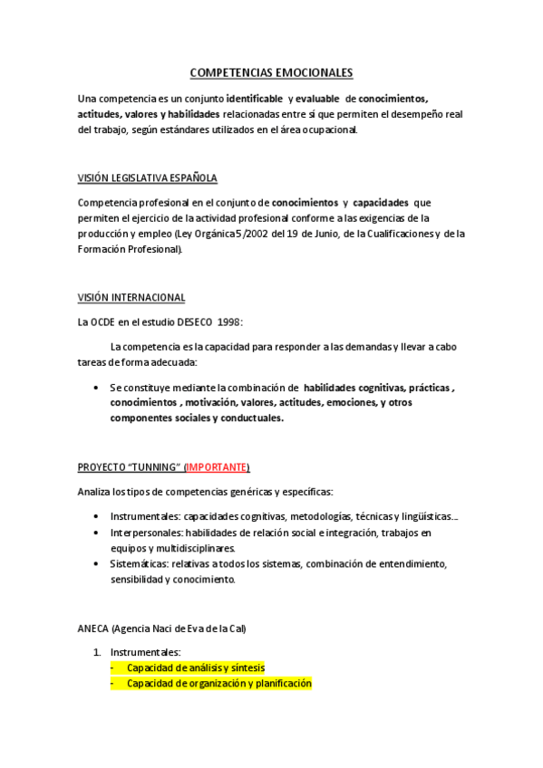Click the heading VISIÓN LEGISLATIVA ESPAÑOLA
[147, 178]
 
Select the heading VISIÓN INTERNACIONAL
[131, 297]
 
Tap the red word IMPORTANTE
[217, 466]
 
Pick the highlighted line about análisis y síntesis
[195, 667]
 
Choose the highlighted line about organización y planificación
[218, 684]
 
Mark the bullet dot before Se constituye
[97, 387]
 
